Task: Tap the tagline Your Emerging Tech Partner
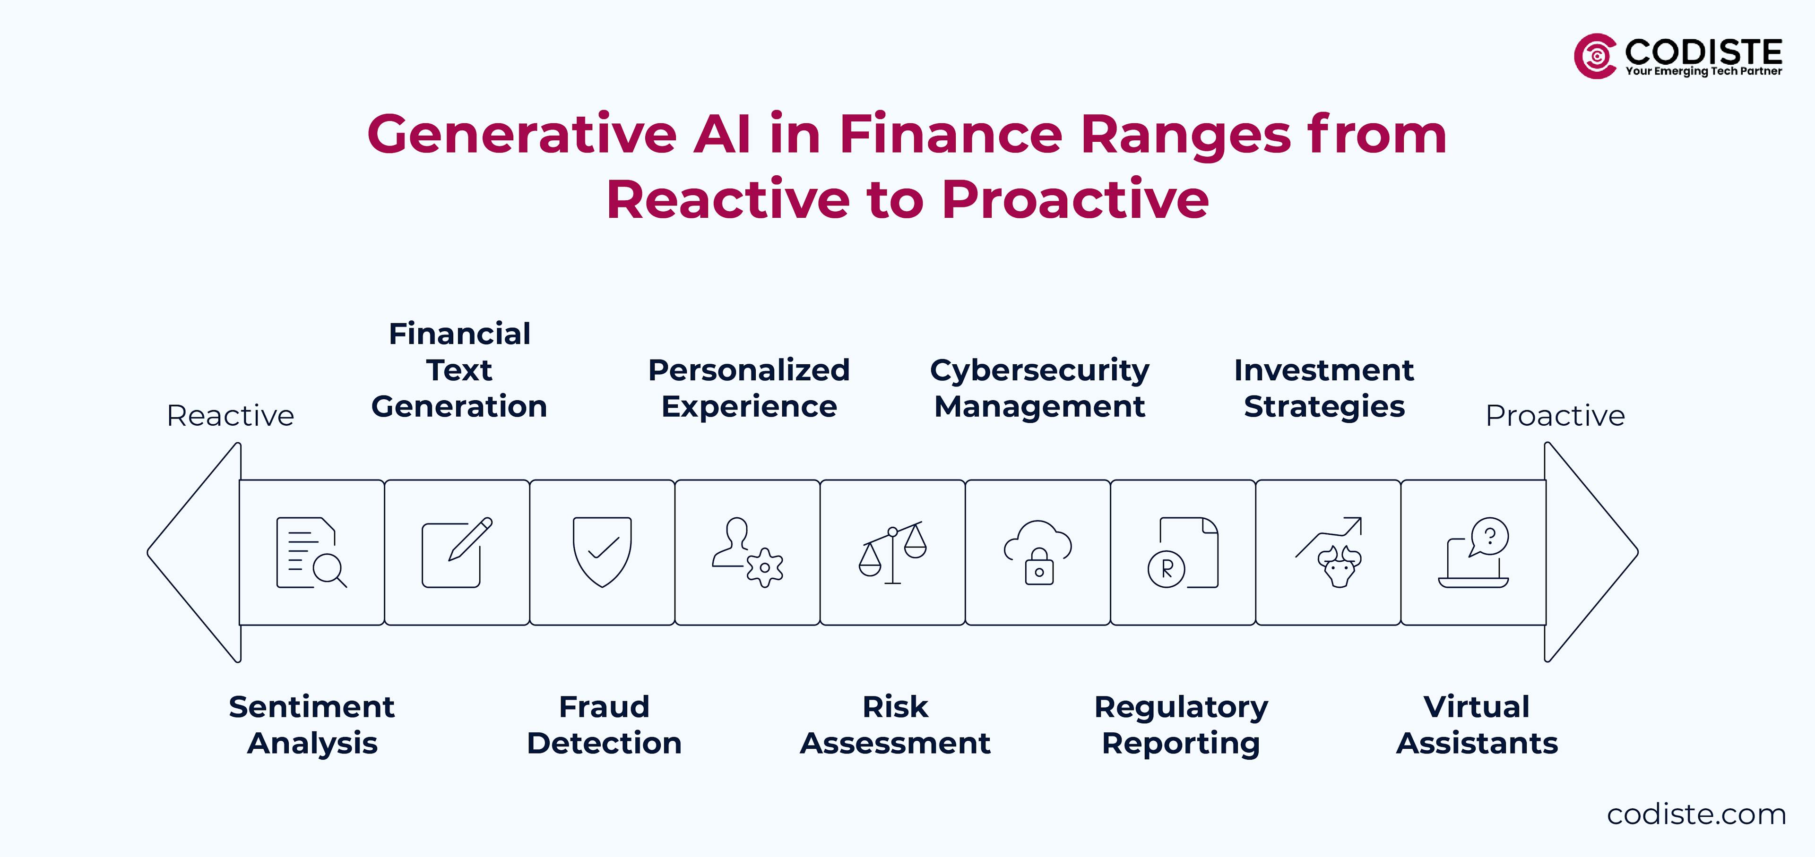(1703, 71)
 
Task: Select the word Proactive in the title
(1075, 199)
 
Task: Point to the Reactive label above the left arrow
(230, 415)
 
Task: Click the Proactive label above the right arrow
(1554, 415)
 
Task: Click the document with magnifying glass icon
(311, 553)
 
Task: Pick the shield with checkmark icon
(602, 552)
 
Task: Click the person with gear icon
(747, 553)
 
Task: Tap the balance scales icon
(892, 553)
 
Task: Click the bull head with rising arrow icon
(1329, 553)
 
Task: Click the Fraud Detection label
(604, 725)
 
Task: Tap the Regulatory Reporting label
(1181, 725)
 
